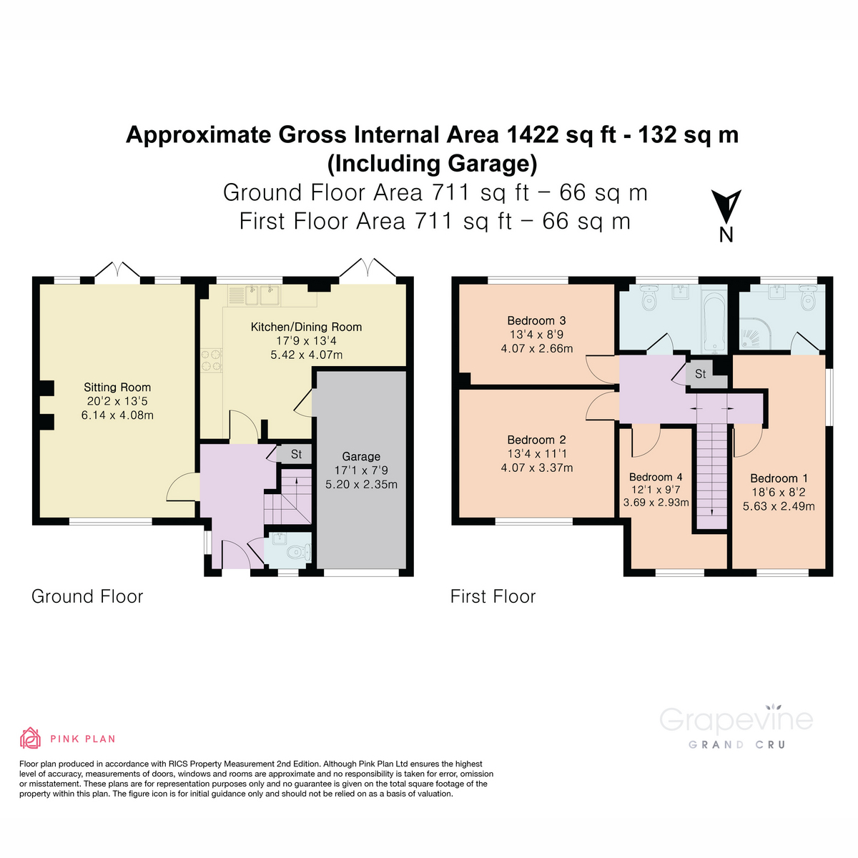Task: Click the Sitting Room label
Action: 117,388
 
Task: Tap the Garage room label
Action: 361,456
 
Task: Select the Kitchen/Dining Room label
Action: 306,327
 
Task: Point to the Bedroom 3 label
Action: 536,320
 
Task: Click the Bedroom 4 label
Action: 656,477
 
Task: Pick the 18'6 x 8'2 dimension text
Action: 779,492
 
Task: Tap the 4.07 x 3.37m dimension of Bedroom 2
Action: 536,468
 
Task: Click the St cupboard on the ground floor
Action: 296,454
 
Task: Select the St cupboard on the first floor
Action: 700,374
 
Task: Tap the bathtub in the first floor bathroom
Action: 713,320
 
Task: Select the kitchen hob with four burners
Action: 212,360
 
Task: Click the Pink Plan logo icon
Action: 30,738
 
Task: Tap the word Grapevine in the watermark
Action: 736,719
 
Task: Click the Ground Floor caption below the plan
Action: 87,596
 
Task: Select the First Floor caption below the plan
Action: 493,596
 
